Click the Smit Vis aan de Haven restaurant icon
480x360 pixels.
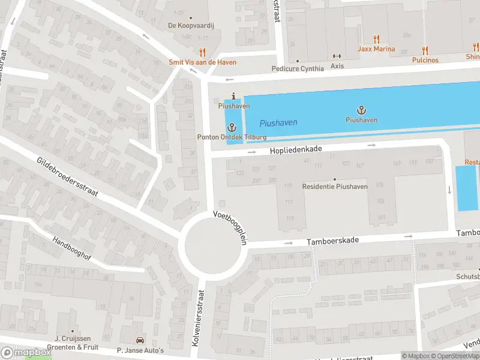202,53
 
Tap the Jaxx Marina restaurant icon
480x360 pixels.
377,40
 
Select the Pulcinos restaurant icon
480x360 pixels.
425,51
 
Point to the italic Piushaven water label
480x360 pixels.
278,123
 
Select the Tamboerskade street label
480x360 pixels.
333,240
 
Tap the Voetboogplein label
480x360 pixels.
230,226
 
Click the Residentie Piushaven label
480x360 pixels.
335,187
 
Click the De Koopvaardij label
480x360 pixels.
190,25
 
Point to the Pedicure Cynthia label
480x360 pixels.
297,68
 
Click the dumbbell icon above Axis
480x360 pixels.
337,56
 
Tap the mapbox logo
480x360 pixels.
26,353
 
